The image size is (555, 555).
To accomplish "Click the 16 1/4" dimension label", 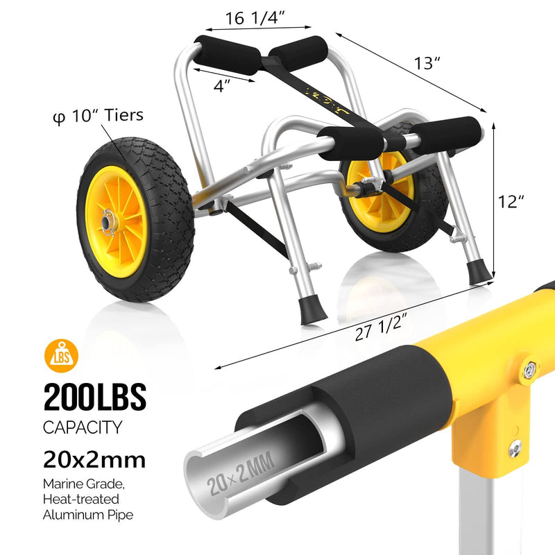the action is (255, 18).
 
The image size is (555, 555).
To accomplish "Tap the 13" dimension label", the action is (427, 63).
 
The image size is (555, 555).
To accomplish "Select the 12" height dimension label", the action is (511, 202).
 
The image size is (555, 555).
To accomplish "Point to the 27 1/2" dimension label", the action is (379, 327).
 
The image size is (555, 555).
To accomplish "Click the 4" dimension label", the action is (222, 85).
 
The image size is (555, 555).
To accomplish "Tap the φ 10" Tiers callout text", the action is (98, 116).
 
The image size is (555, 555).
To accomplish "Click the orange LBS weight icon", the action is (61, 356).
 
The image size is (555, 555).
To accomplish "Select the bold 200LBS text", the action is (95, 397).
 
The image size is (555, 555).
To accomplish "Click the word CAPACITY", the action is (83, 427).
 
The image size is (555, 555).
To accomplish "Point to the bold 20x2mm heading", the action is (94, 460).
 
